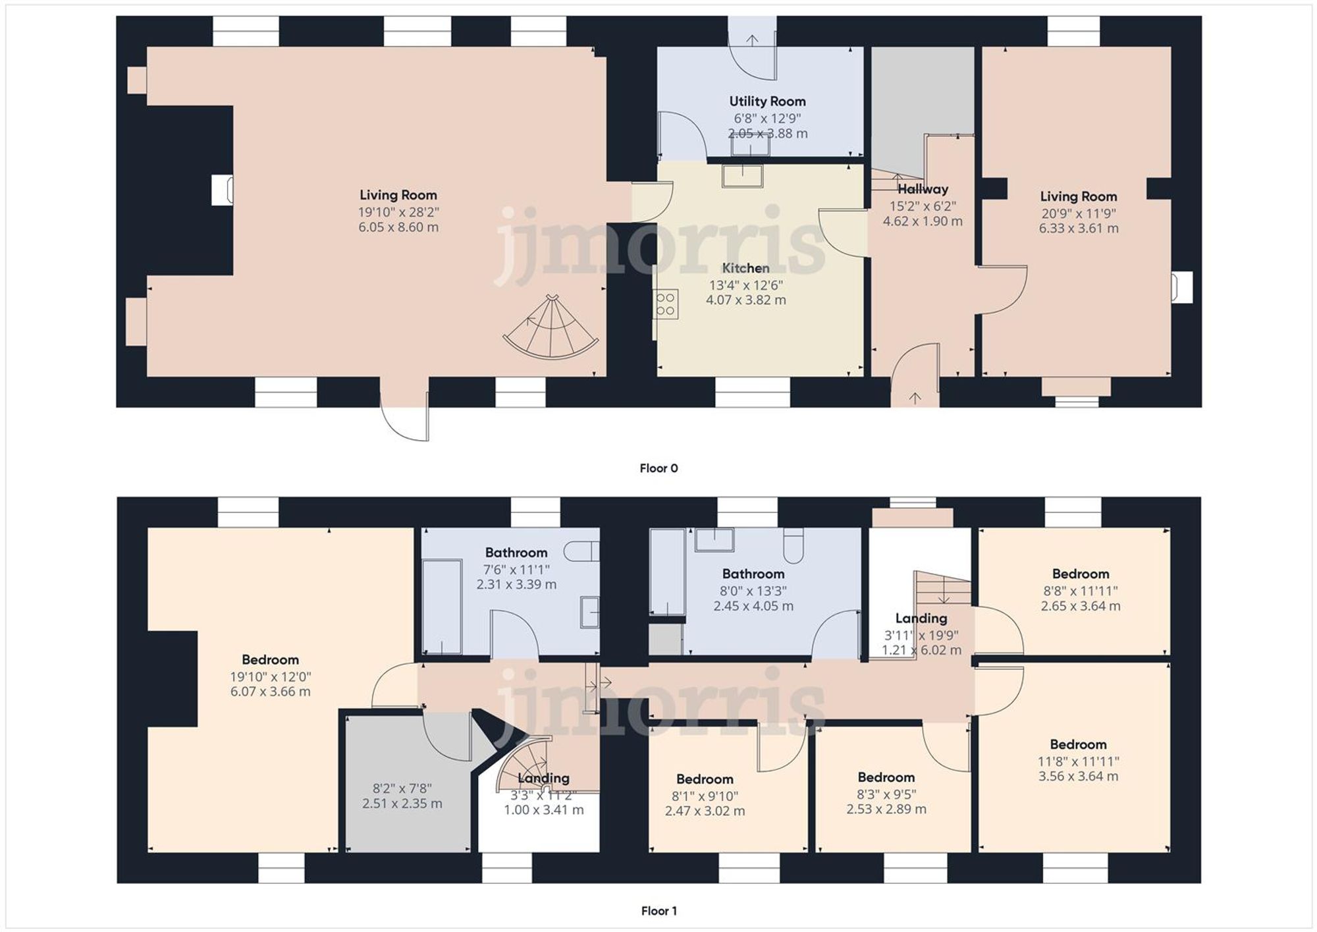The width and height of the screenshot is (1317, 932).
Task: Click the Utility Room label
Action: click(x=767, y=101)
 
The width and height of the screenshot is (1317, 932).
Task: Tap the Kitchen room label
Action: click(x=745, y=268)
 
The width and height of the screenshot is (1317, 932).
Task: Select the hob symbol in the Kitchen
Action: click(x=666, y=304)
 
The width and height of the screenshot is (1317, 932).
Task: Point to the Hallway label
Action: click(x=923, y=189)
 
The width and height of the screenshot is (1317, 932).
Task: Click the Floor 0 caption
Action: click(x=658, y=468)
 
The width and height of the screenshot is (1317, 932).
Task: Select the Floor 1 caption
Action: click(x=658, y=911)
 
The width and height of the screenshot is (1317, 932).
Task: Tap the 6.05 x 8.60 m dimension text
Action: click(x=398, y=227)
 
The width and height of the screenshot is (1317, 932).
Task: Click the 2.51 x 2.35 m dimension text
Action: click(x=402, y=804)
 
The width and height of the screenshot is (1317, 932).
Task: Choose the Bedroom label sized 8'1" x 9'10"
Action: click(x=705, y=779)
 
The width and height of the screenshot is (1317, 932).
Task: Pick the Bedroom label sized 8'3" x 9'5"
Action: click(x=886, y=777)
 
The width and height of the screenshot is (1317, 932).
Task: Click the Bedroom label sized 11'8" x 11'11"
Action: click(x=1078, y=744)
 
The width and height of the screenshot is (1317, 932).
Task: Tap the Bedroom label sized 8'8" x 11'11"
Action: click(x=1080, y=574)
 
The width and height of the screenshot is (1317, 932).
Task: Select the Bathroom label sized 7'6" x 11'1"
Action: click(x=516, y=553)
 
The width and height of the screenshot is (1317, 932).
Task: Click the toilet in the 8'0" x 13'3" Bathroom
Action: click(x=793, y=546)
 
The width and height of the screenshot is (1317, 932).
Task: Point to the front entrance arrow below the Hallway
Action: click(x=915, y=398)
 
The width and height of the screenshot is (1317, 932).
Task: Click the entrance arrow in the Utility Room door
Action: click(x=752, y=40)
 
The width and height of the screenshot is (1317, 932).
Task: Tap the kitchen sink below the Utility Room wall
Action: click(x=742, y=176)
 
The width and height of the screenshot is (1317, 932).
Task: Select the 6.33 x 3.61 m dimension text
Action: click(x=1078, y=229)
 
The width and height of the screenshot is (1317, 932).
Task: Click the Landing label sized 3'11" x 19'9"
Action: click(x=921, y=618)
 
